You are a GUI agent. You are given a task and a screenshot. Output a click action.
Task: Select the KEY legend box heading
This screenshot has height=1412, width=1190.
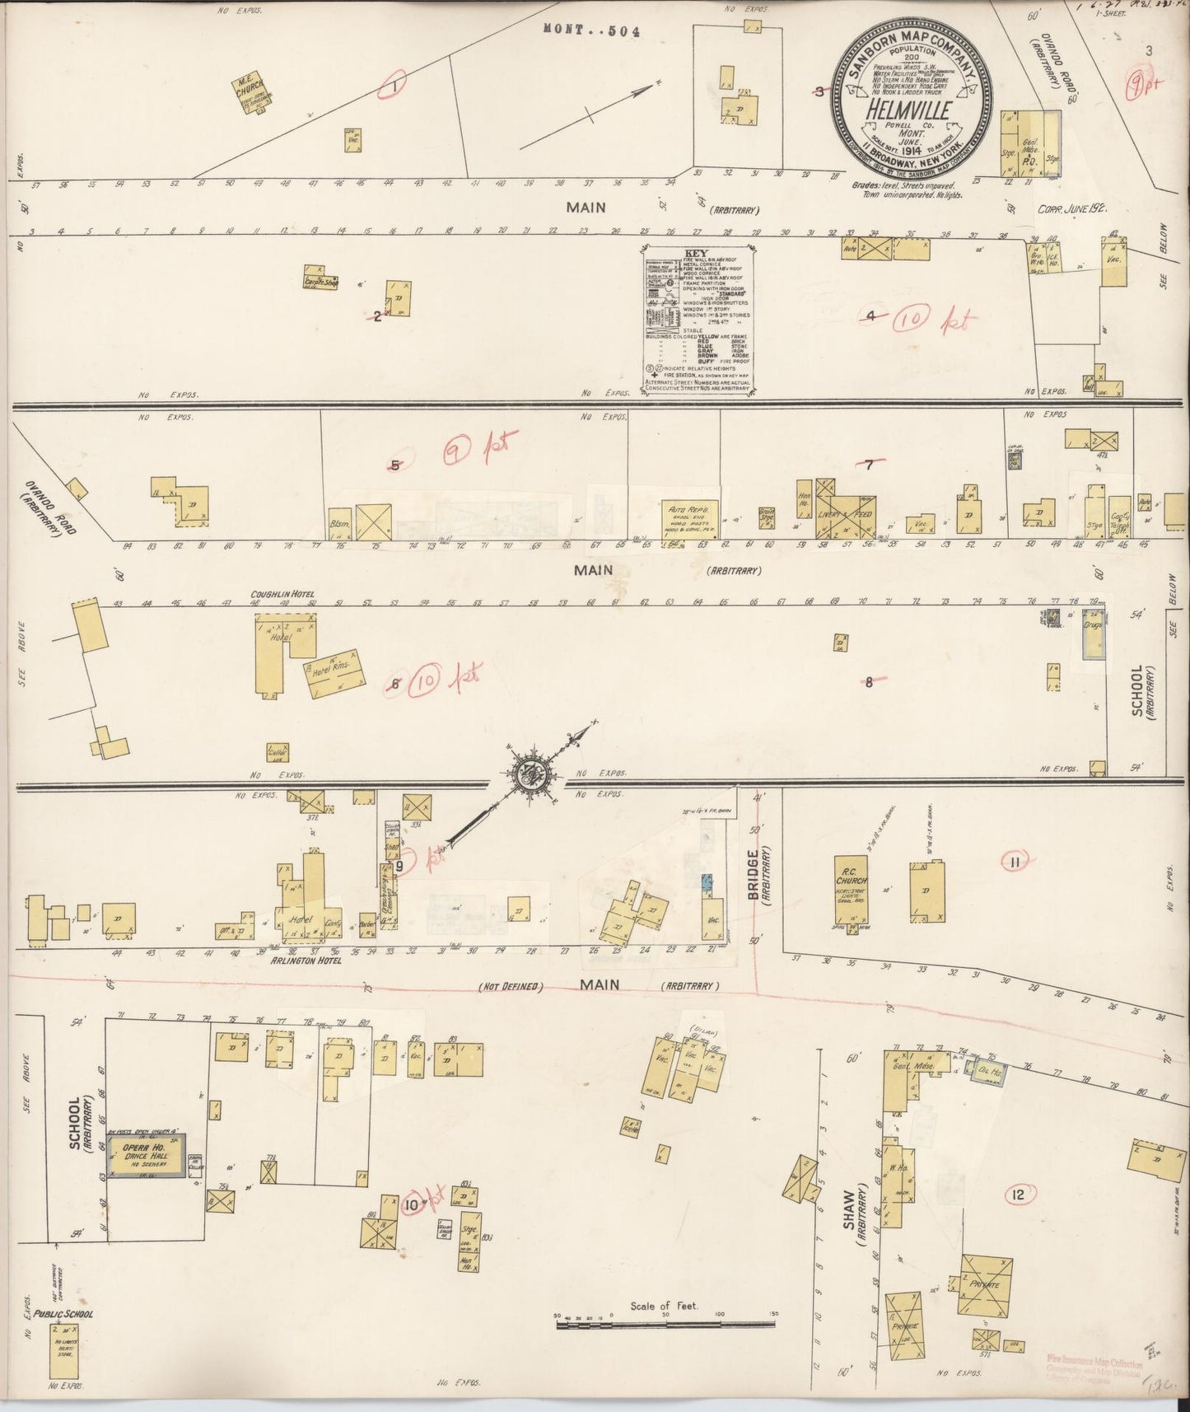697,255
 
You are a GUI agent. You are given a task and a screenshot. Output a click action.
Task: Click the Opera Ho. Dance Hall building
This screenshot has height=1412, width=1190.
147,1155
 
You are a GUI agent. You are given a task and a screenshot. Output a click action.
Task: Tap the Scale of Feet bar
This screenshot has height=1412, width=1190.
665,1324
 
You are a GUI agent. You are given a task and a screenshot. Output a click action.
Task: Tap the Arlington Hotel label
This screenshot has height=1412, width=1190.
316,960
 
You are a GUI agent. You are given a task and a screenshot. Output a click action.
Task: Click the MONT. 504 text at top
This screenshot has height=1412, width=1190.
591,31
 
